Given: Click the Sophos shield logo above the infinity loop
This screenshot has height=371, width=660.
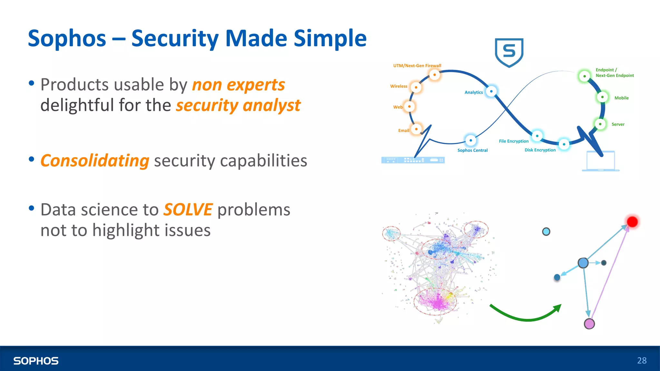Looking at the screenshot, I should [x=509, y=52].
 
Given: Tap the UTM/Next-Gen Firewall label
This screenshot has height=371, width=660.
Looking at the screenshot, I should [x=417, y=66].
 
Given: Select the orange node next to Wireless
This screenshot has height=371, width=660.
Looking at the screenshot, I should [x=416, y=87].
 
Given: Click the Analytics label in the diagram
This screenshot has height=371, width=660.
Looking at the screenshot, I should [x=473, y=92].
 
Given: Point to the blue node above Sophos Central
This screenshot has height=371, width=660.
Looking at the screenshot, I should [x=471, y=140].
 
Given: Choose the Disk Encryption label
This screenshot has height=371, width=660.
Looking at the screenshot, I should [x=540, y=150].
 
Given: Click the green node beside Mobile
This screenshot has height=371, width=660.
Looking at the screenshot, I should [x=602, y=97].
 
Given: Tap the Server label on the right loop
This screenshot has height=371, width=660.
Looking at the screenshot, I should [x=618, y=124].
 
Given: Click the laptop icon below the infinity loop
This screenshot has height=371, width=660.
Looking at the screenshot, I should [x=600, y=161].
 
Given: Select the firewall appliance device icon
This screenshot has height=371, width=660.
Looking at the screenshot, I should [x=413, y=160].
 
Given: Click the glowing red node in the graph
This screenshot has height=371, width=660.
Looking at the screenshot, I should [x=632, y=222].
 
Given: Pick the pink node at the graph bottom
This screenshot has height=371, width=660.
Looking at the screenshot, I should [x=589, y=324].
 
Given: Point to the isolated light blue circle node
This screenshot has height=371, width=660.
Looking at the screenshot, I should [x=546, y=232].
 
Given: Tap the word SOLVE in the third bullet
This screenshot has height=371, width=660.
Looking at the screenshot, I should [x=188, y=210].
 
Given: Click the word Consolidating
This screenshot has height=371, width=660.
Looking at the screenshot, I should [x=95, y=161].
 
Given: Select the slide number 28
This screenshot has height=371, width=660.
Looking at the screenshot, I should [x=642, y=360].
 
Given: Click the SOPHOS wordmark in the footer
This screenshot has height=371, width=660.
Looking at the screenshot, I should [x=36, y=361].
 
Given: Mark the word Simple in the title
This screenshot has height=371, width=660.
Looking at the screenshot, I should [x=330, y=38].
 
